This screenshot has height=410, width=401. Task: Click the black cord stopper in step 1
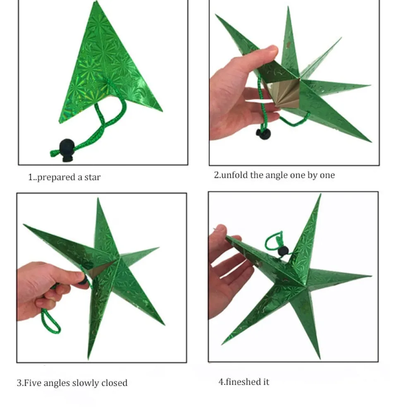(x=67, y=150)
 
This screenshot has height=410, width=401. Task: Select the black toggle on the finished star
(x=283, y=251)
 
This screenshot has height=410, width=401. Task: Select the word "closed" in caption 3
(x=114, y=383)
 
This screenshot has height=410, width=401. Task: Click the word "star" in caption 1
(x=92, y=177)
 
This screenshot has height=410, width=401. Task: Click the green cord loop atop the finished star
(x=273, y=242)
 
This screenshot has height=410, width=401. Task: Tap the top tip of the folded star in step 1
(x=96, y=1)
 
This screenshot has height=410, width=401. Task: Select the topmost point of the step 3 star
(x=98, y=198)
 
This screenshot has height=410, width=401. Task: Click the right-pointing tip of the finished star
(x=371, y=276)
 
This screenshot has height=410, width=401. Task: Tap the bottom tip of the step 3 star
(x=88, y=359)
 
